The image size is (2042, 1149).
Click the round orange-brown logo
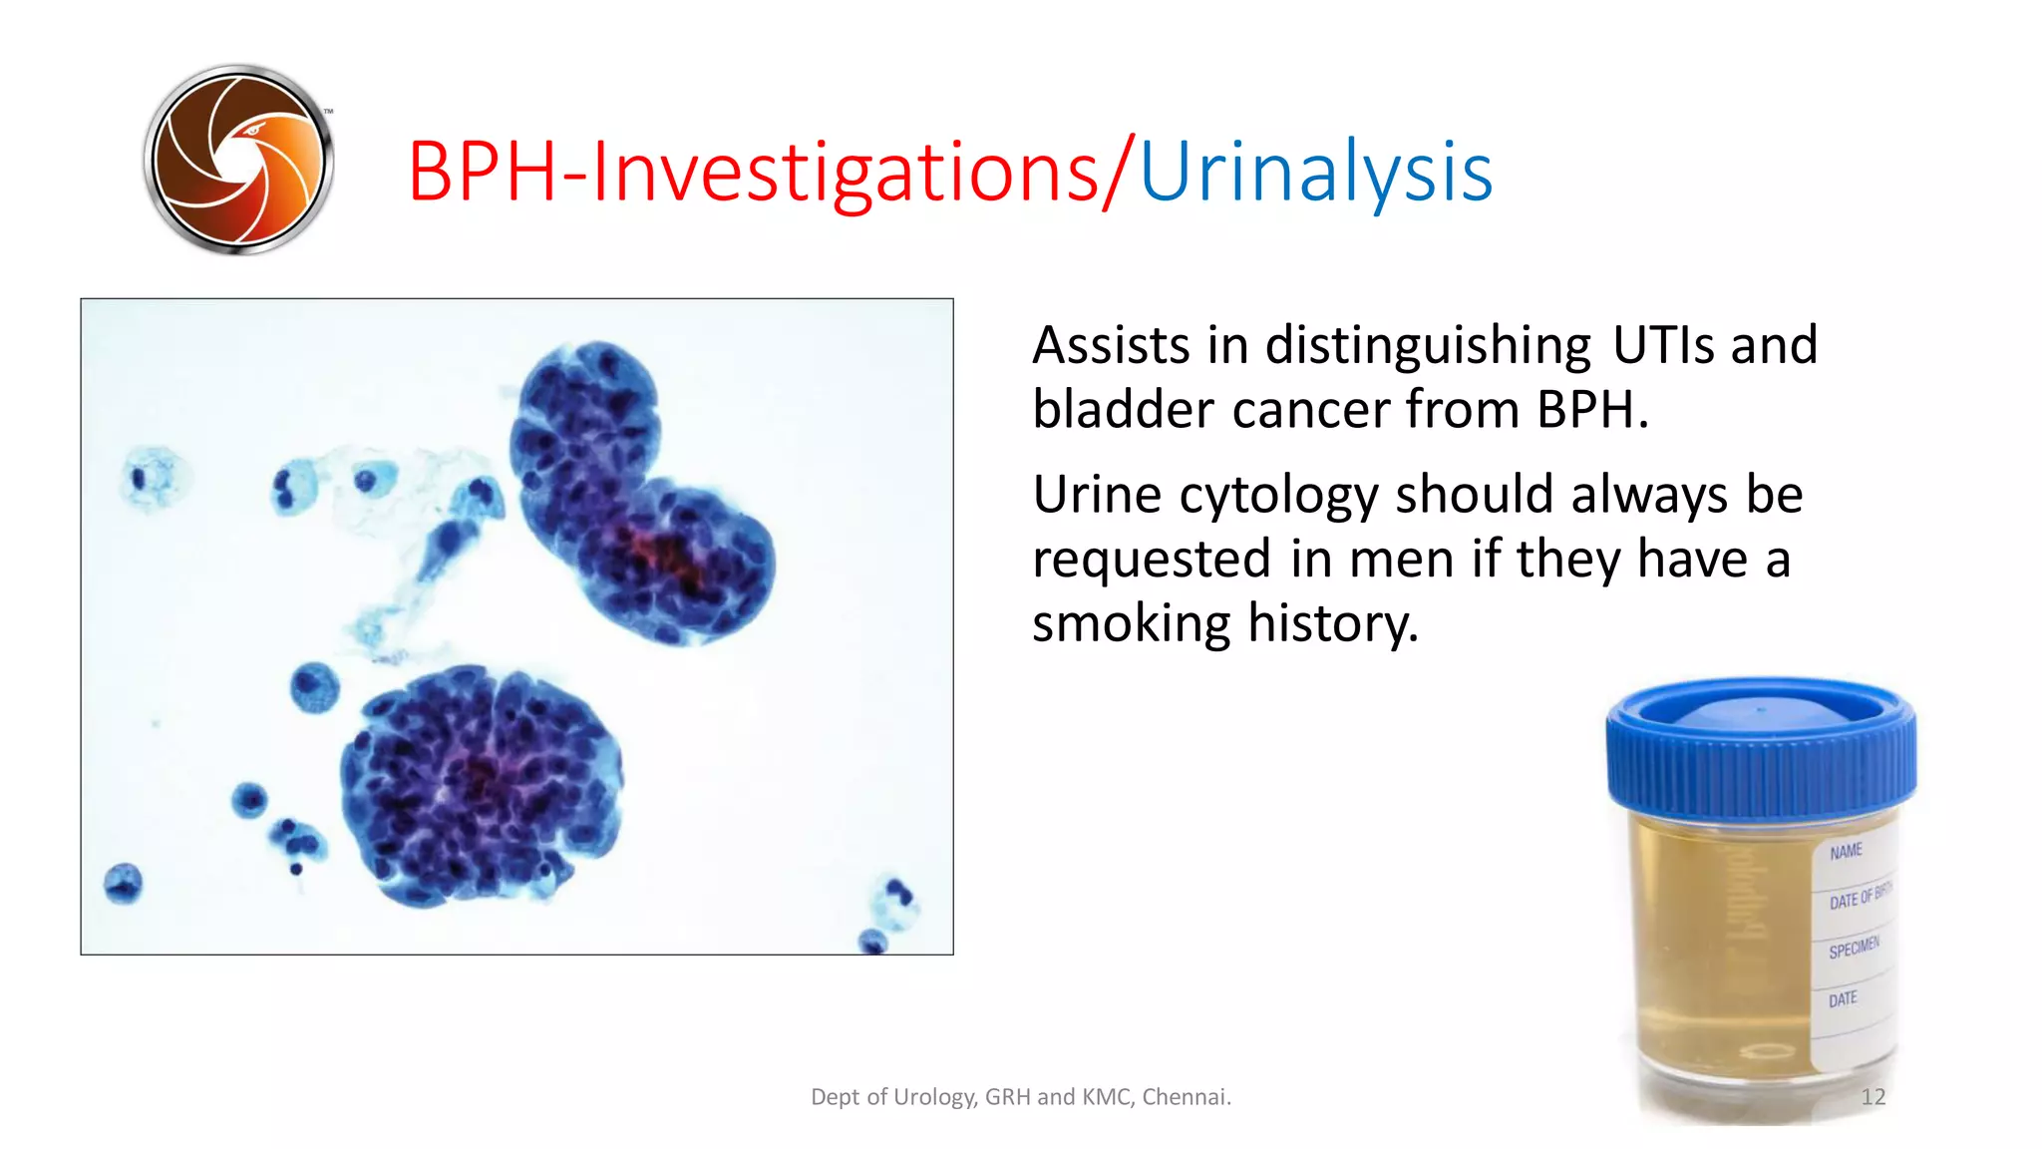point(238,160)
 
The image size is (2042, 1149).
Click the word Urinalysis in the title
point(1315,173)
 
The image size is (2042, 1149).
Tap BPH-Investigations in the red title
point(753,173)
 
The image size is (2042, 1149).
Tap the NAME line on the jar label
point(1846,851)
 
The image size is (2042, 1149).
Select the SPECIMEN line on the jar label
point(1854,949)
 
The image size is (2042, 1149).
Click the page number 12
point(1872,1097)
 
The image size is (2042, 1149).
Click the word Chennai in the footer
point(1186,1097)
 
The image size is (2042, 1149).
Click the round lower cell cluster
point(481,784)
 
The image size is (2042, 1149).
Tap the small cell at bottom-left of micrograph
point(124,883)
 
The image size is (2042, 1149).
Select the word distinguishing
point(1428,345)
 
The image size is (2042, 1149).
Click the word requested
point(1152,559)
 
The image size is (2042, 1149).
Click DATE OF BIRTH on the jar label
point(1860,897)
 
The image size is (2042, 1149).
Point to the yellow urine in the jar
point(1715,948)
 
